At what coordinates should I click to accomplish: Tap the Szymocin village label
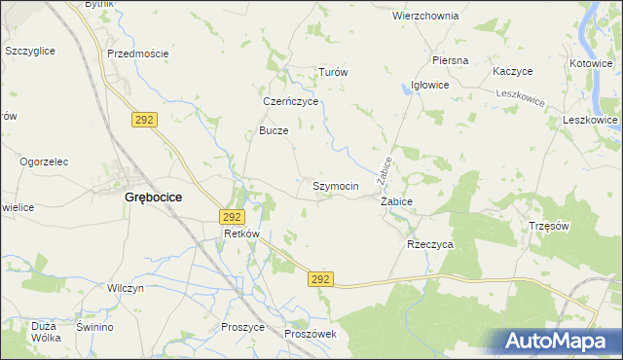[336, 185]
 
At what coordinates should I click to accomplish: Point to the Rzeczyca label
[429, 245]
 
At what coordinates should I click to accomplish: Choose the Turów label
[334, 73]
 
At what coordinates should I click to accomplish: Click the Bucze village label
[274, 130]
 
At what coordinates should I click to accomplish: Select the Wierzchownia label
[425, 17]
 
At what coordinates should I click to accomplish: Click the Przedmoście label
[137, 54]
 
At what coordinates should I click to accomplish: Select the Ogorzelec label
[43, 162]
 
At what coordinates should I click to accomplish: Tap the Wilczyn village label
[126, 289]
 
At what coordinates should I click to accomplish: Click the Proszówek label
[310, 334]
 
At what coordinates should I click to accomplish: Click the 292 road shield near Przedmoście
[145, 118]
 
